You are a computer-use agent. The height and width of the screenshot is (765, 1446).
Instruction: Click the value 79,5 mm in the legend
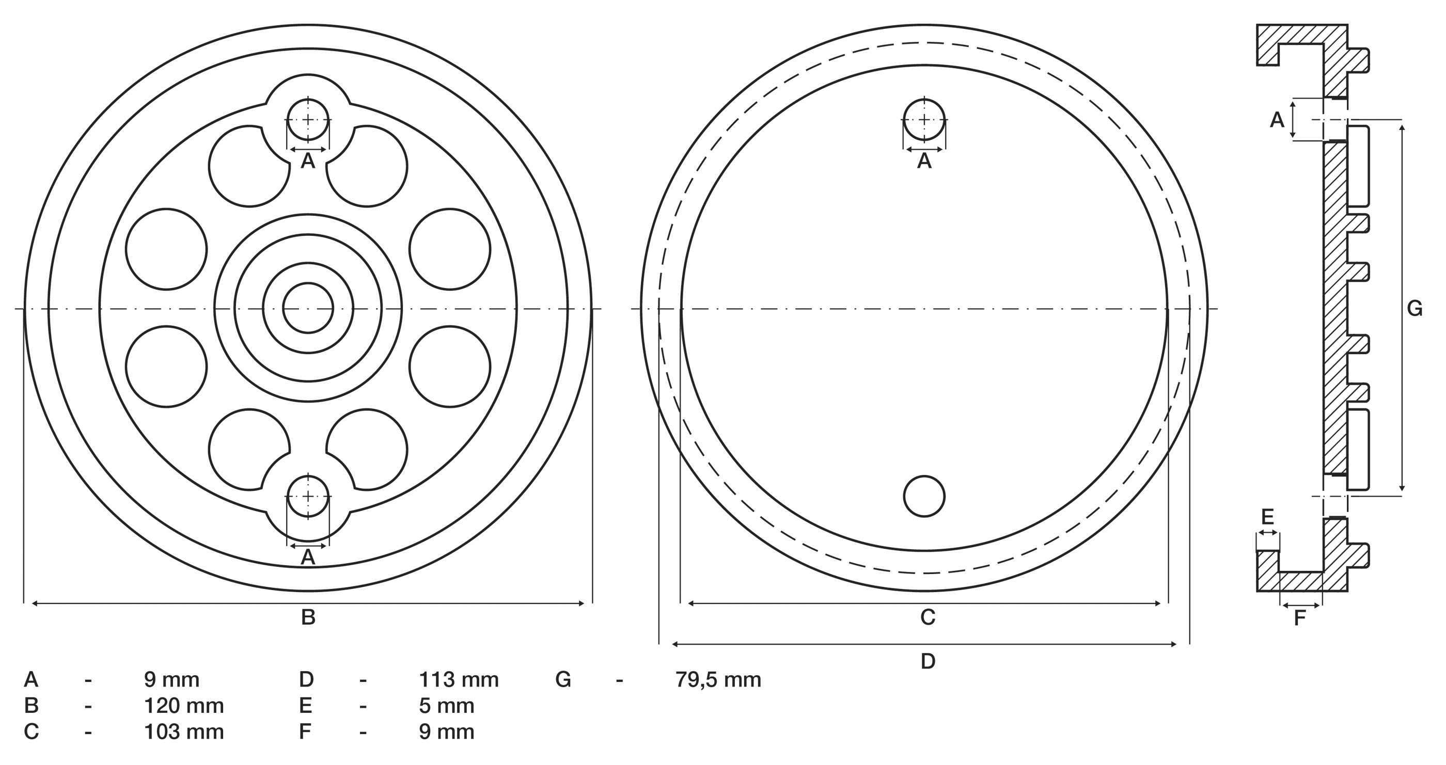[718, 680]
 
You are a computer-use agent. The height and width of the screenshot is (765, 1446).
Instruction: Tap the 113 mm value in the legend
[459, 680]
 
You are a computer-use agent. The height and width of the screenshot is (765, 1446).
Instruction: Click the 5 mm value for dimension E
[446, 706]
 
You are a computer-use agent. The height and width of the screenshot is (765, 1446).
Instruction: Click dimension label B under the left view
[308, 617]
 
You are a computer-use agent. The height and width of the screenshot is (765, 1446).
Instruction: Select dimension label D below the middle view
[928, 662]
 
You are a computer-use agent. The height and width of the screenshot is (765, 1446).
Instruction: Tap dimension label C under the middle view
[928, 617]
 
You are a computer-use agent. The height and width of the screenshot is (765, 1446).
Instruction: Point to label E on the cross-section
[1267, 516]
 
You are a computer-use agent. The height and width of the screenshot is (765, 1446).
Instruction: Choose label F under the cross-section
[1300, 618]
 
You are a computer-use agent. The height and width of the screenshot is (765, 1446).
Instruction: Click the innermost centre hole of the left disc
[308, 308]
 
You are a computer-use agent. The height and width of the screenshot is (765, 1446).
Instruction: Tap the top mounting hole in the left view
[308, 120]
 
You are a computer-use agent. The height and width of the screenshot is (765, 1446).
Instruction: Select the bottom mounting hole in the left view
[308, 496]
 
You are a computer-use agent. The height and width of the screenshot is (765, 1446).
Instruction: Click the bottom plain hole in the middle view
[924, 496]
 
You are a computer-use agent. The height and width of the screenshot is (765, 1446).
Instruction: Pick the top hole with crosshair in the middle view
[924, 120]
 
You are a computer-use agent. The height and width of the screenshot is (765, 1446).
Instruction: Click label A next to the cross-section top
[1278, 120]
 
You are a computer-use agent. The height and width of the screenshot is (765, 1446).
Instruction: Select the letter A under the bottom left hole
[308, 557]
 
